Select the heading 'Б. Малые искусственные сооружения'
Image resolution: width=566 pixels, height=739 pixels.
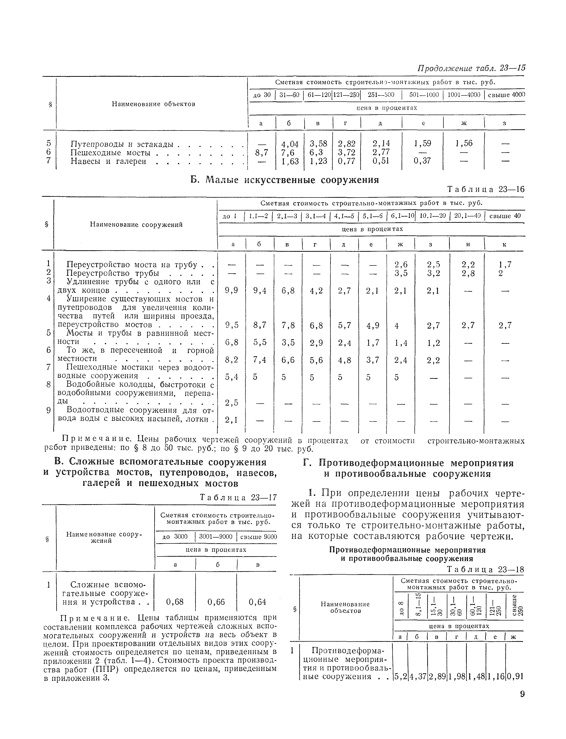coord(285,180)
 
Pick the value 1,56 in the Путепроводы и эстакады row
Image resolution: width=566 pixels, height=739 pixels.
coord(464,143)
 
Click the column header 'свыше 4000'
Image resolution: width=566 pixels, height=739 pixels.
coord(506,95)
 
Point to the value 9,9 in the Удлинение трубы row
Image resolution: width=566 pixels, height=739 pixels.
coord(232,290)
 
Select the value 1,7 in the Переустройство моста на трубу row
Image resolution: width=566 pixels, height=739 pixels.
coord(505,264)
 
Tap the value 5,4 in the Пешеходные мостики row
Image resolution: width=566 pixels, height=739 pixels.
coord(232,377)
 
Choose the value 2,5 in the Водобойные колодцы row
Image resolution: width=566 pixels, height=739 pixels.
coord(232,402)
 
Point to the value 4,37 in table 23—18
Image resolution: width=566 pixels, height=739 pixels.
coord(417,676)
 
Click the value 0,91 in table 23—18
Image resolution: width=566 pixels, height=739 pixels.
coord(514,676)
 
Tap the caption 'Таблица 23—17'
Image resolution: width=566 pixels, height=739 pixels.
coord(238,497)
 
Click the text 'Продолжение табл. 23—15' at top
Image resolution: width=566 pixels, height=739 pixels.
coord(471,68)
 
